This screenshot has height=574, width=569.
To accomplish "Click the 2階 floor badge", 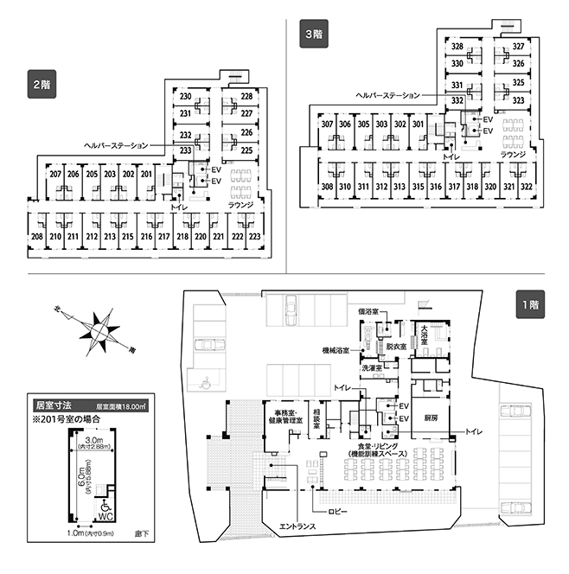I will (x=41, y=86).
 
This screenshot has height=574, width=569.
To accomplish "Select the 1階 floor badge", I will (x=531, y=304).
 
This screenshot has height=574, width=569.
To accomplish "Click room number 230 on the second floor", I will (x=185, y=96).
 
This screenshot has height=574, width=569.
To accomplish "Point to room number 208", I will (x=37, y=236).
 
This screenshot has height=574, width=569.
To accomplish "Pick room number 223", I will (x=253, y=236).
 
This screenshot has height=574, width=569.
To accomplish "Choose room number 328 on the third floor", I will (x=457, y=47).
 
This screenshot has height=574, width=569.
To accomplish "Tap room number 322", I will (x=527, y=187).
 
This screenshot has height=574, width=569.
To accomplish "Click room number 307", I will (x=327, y=124).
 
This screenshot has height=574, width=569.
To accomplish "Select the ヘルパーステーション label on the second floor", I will (x=117, y=145).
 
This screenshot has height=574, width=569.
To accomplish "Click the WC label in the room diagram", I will (x=105, y=515).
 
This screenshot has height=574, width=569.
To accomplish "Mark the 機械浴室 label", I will (x=335, y=350).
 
